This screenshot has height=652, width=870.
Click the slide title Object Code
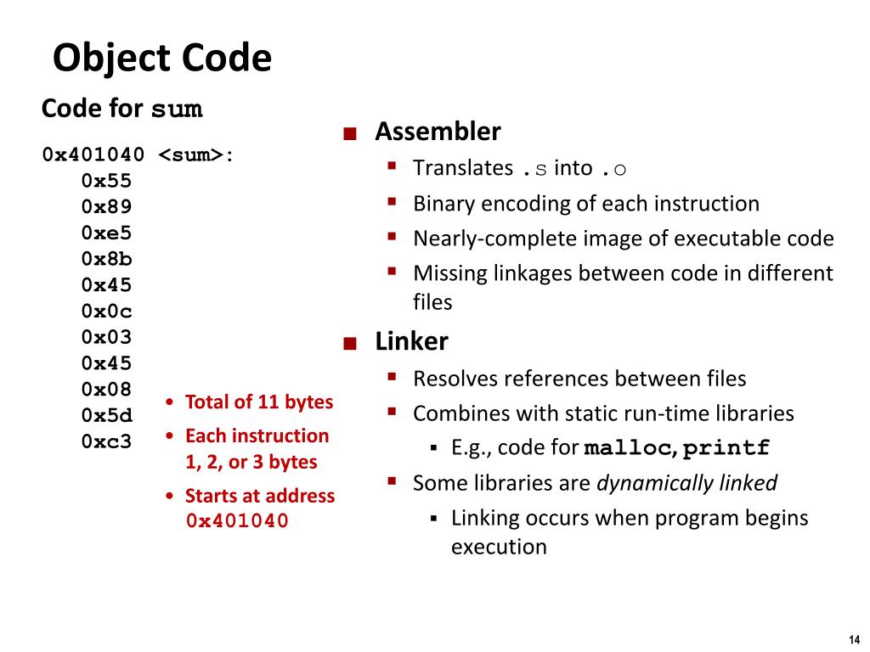162,59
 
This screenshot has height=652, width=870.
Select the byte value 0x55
107,181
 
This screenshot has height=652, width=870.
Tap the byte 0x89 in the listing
107,207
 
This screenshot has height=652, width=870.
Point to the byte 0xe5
107,233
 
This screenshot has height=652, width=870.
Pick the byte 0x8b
107,259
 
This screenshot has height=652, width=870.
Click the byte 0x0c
107,312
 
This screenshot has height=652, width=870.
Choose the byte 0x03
107,337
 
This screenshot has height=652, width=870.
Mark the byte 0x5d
107,416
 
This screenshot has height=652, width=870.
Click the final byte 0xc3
107,441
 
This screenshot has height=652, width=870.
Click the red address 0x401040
238,521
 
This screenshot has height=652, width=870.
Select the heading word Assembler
438,132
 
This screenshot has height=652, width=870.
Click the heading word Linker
411,342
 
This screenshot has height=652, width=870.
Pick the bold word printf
727,448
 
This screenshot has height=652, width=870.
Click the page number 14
854,639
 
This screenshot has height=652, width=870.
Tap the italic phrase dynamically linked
686,483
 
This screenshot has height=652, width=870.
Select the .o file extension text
613,169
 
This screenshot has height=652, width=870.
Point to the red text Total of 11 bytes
258,402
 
